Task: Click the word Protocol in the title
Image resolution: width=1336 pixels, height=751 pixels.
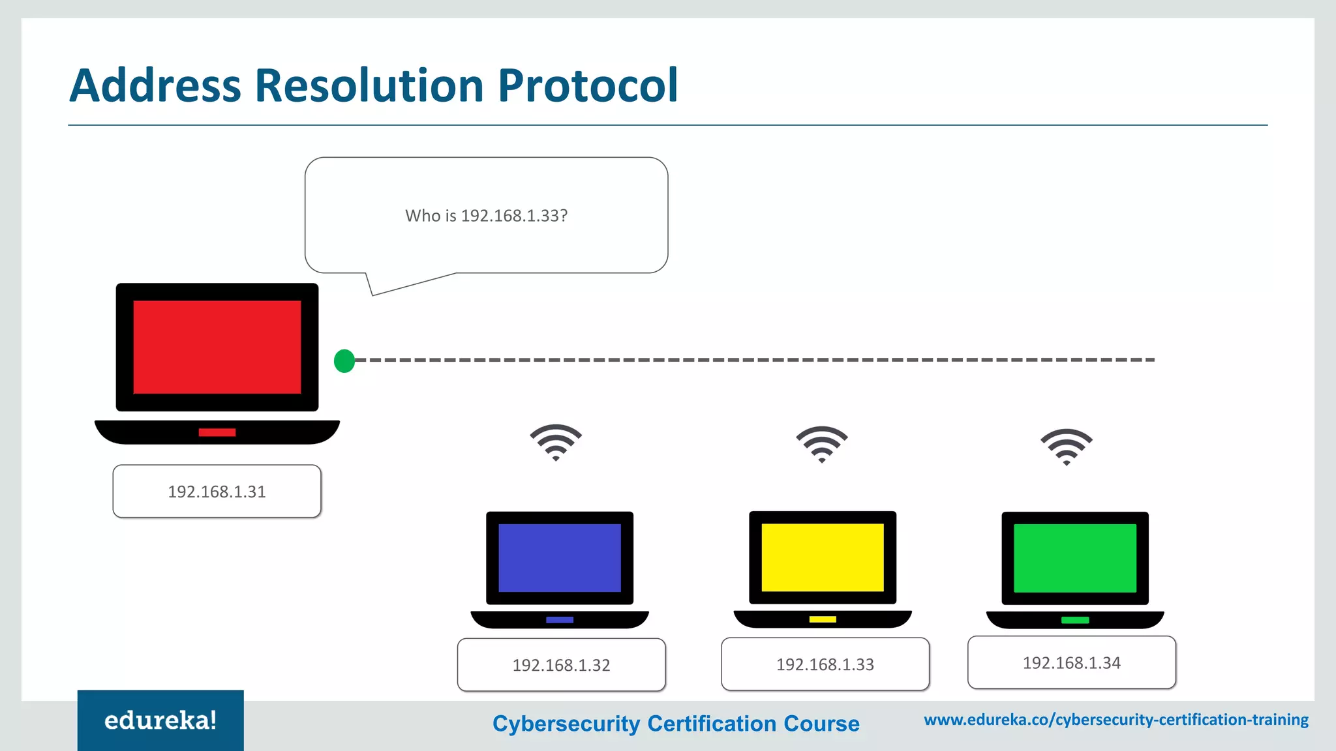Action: (588, 85)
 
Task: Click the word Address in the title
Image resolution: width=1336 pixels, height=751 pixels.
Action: (155, 85)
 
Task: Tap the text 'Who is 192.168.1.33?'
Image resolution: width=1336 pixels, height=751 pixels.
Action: (486, 216)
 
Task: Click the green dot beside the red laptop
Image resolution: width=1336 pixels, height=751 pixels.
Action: (344, 361)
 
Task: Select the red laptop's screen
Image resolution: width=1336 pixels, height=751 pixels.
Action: (217, 347)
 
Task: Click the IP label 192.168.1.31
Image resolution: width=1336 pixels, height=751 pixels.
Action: (217, 492)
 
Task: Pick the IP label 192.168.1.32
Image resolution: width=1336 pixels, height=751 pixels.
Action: (561, 665)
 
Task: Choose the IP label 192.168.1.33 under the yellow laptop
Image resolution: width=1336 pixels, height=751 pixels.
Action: (825, 664)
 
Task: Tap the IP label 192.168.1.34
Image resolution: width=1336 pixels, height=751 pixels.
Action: (1071, 663)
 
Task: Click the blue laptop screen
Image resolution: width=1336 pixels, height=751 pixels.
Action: (559, 558)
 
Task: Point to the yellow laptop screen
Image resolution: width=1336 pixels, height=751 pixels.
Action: (822, 557)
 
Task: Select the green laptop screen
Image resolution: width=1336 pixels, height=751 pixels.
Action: (1074, 558)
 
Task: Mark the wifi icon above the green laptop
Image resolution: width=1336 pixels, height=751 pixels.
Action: (1066, 447)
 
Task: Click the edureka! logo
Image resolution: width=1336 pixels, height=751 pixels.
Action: (160, 720)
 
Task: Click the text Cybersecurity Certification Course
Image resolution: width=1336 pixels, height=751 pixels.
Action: (676, 724)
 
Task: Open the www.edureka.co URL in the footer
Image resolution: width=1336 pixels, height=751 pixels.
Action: (1116, 720)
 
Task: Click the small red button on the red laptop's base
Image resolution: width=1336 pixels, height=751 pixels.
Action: (217, 432)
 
